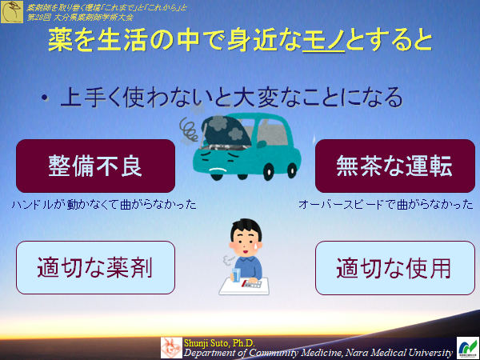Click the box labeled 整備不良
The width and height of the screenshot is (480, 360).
[x=95, y=166]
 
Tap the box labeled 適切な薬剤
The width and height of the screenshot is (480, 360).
[x=95, y=267]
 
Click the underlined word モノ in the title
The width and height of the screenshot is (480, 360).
[x=324, y=39]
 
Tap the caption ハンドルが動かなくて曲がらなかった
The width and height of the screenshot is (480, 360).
[x=104, y=205]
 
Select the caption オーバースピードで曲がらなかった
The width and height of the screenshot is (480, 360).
[x=386, y=205]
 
